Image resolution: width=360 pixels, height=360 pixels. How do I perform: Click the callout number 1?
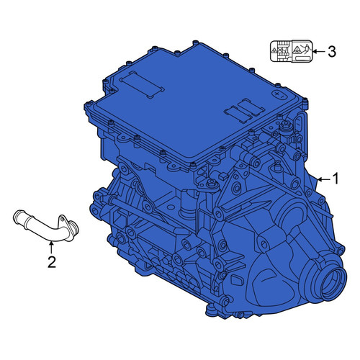click(335, 179)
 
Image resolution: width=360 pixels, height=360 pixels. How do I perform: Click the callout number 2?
click(52, 262)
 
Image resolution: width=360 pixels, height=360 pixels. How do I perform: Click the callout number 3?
click(332, 52)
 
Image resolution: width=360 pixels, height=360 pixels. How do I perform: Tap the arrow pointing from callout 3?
click(318, 51)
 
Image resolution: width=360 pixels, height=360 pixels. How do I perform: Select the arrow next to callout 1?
click(323, 179)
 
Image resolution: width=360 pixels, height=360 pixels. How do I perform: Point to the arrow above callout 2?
click(51, 248)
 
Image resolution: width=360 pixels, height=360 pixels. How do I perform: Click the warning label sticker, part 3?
click(292, 51)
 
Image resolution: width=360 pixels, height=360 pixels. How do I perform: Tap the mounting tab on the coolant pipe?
click(62, 220)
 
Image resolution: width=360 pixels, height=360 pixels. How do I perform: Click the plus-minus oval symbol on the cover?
click(279, 94)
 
